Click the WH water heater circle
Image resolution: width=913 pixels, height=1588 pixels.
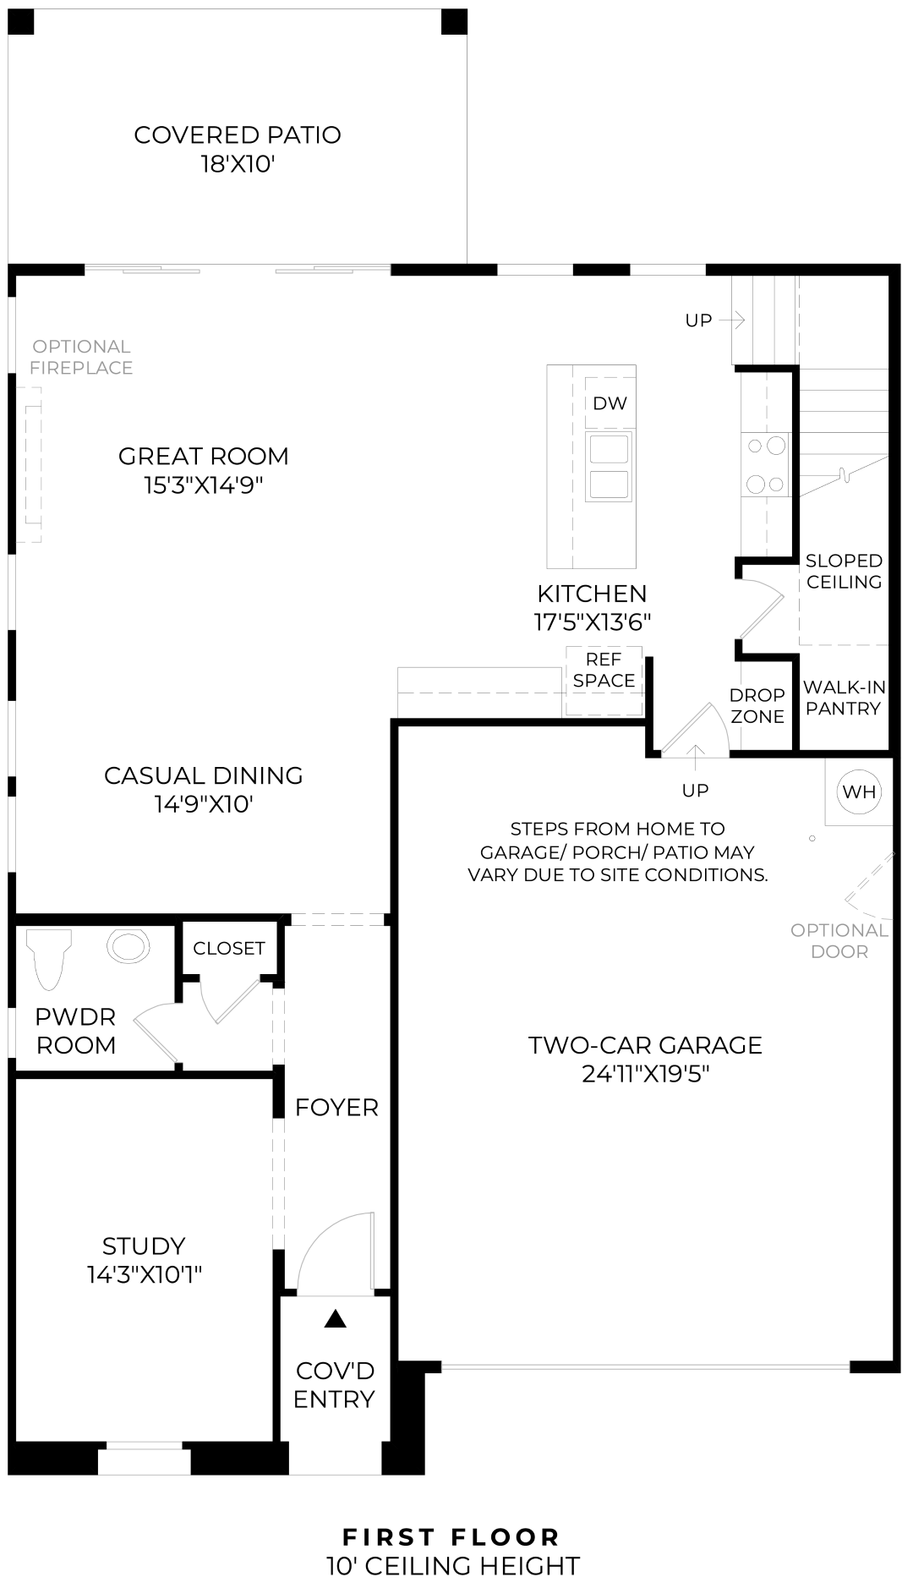(x=859, y=792)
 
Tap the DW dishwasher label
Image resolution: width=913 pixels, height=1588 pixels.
(x=610, y=403)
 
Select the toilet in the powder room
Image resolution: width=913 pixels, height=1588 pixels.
(x=49, y=958)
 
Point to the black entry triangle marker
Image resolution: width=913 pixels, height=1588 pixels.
(x=336, y=1319)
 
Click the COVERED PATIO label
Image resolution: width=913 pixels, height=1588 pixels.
(x=238, y=135)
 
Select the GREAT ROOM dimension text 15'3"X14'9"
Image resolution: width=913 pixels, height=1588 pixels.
(x=204, y=485)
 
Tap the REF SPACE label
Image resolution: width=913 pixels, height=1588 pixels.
(x=604, y=670)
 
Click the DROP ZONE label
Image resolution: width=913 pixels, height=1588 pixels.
(x=757, y=705)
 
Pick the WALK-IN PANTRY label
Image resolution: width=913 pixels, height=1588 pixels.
(x=843, y=698)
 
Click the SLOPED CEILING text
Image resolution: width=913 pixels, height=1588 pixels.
(x=844, y=571)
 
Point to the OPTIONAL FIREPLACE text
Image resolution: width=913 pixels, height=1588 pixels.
(x=82, y=357)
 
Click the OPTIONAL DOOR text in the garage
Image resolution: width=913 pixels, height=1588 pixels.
(x=839, y=940)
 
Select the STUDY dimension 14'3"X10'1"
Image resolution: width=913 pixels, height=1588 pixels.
(x=144, y=1274)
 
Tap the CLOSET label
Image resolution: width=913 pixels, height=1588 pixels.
(x=228, y=948)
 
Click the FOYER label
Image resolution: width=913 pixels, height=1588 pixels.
(x=336, y=1107)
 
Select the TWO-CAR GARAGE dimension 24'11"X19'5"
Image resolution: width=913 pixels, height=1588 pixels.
(x=645, y=1074)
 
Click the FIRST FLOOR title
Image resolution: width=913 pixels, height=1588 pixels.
(x=451, y=1537)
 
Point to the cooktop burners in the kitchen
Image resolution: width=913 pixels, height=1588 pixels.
(x=765, y=464)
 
